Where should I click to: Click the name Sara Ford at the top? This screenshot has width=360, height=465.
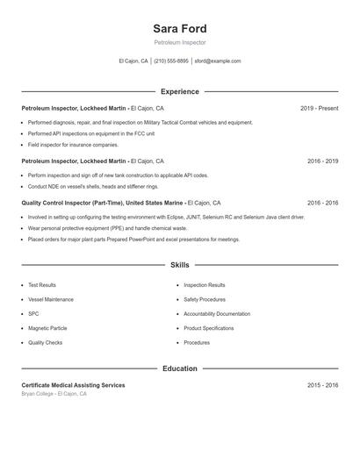(179, 29)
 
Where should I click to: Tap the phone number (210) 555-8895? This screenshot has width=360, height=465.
(171, 61)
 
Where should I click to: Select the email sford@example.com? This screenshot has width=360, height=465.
(218, 61)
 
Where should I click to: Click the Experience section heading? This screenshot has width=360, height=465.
(179, 91)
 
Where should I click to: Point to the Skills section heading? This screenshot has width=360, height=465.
(179, 265)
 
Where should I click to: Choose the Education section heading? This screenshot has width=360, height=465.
(179, 368)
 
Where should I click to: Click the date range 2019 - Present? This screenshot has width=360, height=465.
(319, 109)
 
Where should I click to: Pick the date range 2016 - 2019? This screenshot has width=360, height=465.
(322, 161)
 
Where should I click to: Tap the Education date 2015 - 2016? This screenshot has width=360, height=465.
(322, 385)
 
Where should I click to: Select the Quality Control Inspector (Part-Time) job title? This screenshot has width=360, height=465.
(90, 203)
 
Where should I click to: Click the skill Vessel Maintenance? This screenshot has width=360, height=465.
(51, 299)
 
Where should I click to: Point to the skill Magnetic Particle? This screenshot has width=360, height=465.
(47, 328)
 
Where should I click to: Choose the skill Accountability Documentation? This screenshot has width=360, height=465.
(217, 314)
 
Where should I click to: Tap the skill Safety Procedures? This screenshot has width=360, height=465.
(205, 299)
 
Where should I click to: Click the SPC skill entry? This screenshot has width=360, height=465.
(33, 314)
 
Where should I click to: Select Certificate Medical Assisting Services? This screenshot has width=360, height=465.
(73, 385)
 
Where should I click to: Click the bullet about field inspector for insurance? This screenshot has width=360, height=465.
(73, 145)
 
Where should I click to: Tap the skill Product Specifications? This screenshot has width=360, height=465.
(209, 328)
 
